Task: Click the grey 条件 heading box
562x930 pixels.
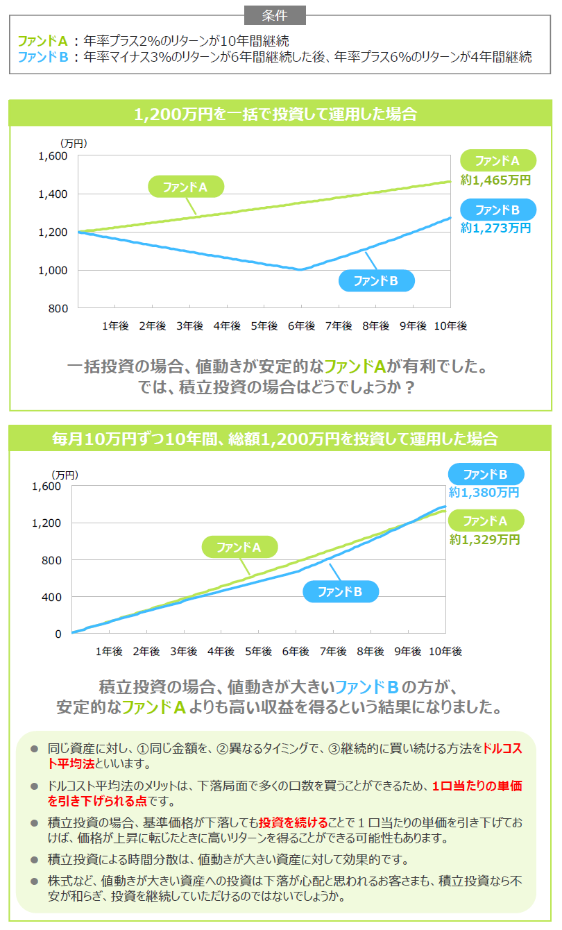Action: tap(275, 15)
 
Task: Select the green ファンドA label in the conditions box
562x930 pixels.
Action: tap(42, 40)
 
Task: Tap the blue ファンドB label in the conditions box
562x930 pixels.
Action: tap(42, 58)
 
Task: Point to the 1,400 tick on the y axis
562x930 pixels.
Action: tap(53, 194)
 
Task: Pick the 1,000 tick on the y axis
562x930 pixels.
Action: tap(53, 271)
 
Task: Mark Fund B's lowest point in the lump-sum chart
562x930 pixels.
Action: tap(300, 270)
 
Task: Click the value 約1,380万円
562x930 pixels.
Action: tap(484, 493)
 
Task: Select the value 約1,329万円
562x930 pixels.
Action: tap(484, 539)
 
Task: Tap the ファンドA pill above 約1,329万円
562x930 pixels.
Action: tap(486, 521)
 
